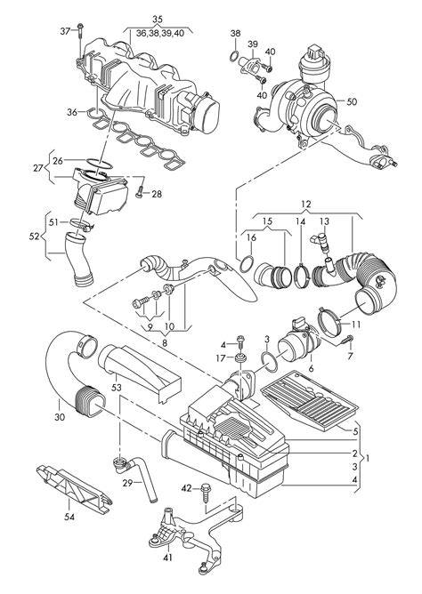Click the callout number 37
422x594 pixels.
point(66,31)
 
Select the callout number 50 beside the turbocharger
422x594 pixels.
point(352,101)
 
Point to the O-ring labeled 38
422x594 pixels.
point(235,57)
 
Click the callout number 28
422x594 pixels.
point(157,194)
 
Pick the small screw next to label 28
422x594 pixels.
point(139,192)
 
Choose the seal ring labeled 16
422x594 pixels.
point(247,264)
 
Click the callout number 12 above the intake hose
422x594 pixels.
point(306,205)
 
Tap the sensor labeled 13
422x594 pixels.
point(321,242)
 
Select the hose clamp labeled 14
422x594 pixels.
point(302,277)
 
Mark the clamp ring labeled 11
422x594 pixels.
point(329,323)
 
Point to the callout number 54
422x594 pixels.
point(69,517)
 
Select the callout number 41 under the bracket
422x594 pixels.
point(168,558)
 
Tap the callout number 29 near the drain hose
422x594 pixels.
point(128,483)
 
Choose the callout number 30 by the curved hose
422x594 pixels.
point(60,417)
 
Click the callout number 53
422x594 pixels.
point(117,387)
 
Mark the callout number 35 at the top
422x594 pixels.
point(158,19)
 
